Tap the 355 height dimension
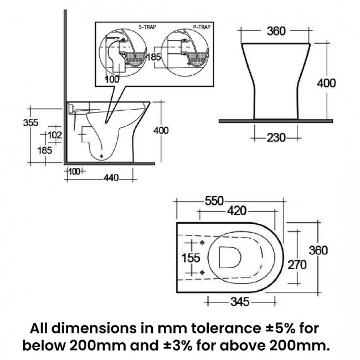coord(30,122)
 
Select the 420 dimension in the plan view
coord(237,211)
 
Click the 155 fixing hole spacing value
coord(191,258)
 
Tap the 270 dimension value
coord(296,265)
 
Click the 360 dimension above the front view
coord(276,31)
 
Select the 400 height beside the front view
coord(326,83)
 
